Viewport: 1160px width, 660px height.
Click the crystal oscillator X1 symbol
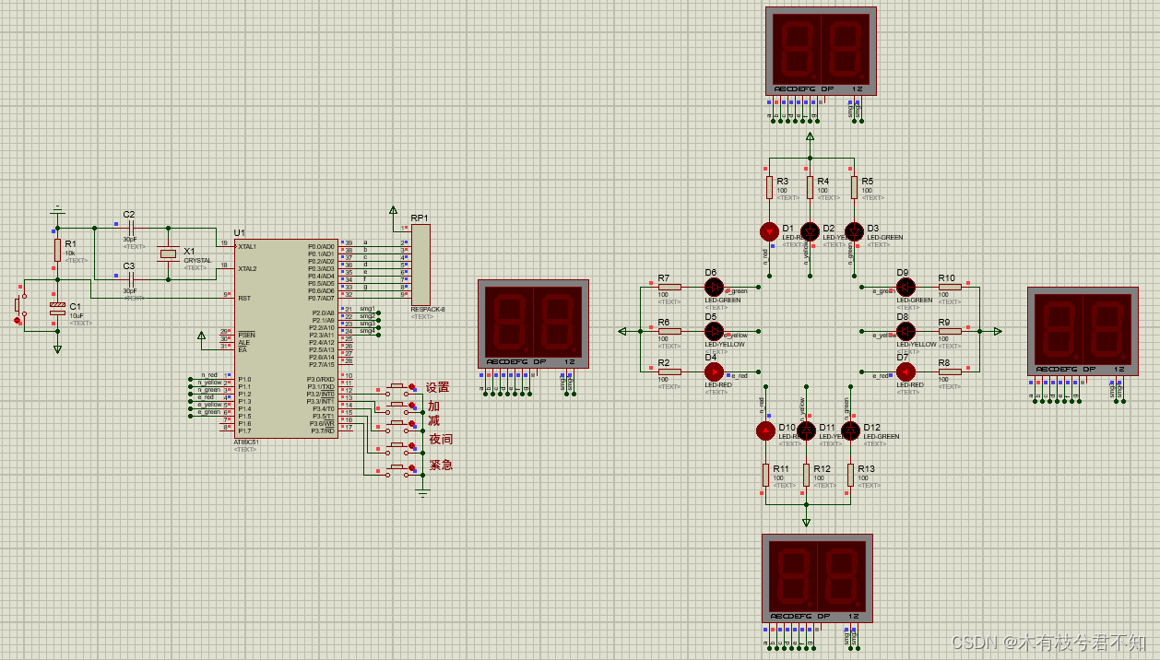click(168, 253)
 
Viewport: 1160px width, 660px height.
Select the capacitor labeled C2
click(131, 227)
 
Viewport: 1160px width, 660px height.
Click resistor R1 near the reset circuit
click(57, 250)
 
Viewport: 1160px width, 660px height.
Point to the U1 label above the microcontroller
click(240, 232)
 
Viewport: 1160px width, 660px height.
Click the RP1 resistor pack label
click(420, 218)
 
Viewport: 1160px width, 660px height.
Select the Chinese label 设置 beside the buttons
click(437, 387)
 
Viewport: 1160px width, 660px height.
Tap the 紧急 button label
click(441, 465)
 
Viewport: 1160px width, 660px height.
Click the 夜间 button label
click(441, 439)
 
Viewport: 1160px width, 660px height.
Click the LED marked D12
click(850, 430)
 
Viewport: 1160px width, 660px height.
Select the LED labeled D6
click(714, 287)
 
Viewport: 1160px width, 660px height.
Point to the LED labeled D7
click(906, 371)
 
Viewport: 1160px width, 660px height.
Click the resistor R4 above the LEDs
click(810, 188)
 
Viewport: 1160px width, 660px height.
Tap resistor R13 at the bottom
click(850, 474)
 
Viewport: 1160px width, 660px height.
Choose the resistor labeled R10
click(950, 287)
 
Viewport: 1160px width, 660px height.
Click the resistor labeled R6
click(669, 330)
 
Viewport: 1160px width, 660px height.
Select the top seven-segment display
click(820, 50)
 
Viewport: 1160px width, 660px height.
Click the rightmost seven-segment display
click(1082, 330)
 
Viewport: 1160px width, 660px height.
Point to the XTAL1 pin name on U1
click(247, 246)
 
